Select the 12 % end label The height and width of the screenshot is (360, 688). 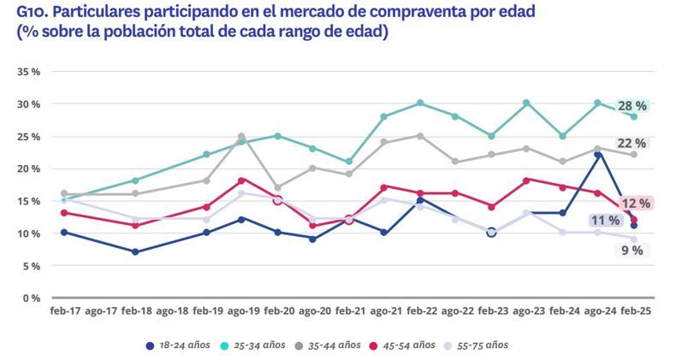pyautogui.click(x=635, y=204)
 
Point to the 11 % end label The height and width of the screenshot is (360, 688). pyautogui.click(x=604, y=221)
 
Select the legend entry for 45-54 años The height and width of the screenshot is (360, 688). pyautogui.click(x=406, y=345)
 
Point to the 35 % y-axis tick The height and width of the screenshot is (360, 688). pyautogui.click(x=29, y=72)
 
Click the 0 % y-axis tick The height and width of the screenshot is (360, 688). pyautogui.click(x=32, y=298)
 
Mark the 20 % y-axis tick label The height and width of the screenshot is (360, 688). pyautogui.click(x=29, y=169)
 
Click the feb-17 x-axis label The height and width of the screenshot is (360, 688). pyautogui.click(x=65, y=313)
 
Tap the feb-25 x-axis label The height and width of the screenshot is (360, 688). pyautogui.click(x=634, y=313)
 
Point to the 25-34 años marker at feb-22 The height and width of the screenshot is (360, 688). pyautogui.click(x=419, y=103)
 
